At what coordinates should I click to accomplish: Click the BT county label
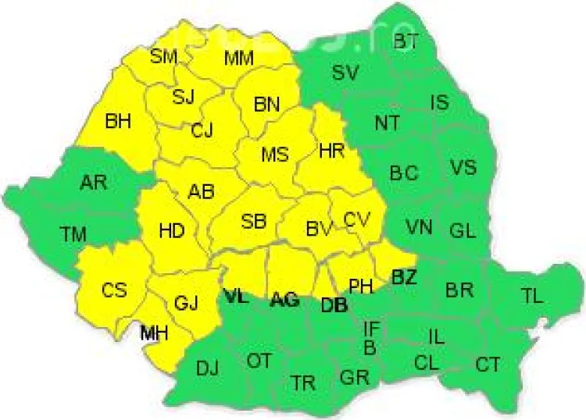pos(405,42)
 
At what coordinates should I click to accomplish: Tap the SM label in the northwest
pos(164,55)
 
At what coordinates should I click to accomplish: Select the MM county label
pos(238,59)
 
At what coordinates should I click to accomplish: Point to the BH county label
pos(118,121)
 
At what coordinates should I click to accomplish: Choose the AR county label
pos(94,183)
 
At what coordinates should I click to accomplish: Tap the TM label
pos(74,232)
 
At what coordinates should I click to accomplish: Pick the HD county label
pos(172,230)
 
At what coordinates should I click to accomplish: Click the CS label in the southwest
pos(114,290)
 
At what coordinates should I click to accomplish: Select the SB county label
pos(253,222)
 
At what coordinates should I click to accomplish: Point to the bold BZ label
pos(404,276)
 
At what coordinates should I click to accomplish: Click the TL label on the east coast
pos(532,296)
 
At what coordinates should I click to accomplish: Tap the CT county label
pos(488,364)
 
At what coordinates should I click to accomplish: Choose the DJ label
pos(208,367)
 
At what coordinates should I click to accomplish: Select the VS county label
pos(463,168)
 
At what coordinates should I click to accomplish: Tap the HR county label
pos(332,151)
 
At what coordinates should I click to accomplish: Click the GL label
pos(462,230)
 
